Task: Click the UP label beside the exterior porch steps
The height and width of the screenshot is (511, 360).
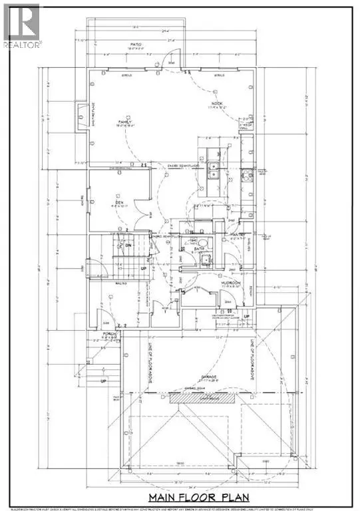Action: coord(102,382)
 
